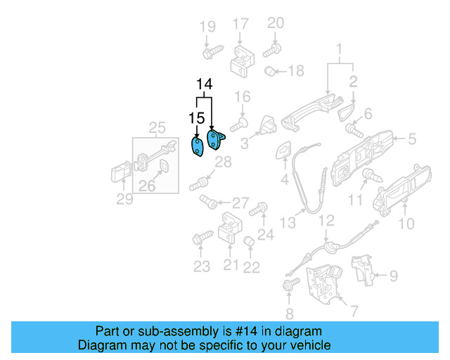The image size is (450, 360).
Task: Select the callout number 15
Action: (196, 117)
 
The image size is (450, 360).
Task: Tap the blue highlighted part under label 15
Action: (198, 147)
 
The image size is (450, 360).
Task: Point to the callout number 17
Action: (240, 24)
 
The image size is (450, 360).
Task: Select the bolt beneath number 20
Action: (272, 49)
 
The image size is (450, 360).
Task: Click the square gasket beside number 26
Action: (162, 166)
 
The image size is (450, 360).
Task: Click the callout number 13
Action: (288, 223)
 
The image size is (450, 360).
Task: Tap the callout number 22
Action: (251, 266)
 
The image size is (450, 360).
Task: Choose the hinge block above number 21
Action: (230, 228)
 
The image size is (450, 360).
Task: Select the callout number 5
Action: (411, 139)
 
